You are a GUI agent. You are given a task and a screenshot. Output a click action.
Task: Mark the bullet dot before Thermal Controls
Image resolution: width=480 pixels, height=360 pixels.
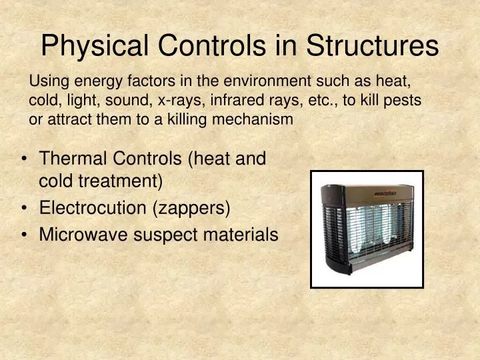point(25,159)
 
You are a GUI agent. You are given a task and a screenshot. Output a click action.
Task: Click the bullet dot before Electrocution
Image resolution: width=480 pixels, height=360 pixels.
point(25,208)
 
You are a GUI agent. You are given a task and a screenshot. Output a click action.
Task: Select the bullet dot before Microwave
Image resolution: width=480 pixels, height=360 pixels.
point(25,235)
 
